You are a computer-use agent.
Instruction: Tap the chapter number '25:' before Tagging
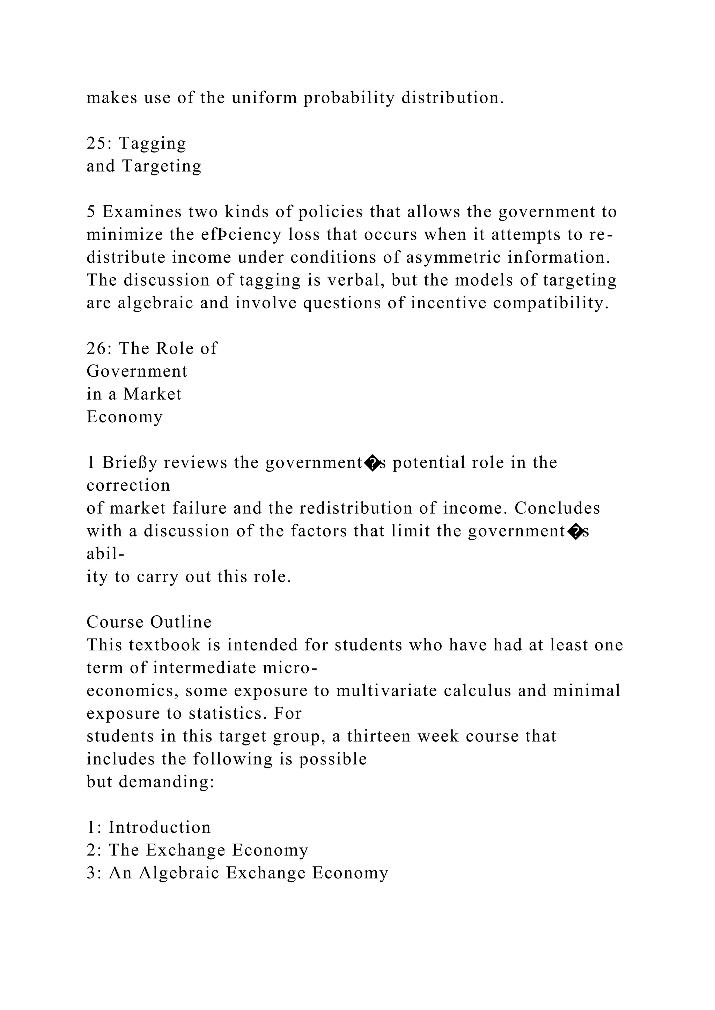click(x=99, y=143)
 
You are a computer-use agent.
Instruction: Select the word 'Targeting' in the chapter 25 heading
click(x=162, y=166)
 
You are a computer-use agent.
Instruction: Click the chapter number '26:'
click(x=99, y=348)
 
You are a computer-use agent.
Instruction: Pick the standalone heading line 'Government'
click(x=137, y=371)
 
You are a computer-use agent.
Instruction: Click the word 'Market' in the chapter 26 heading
click(x=152, y=394)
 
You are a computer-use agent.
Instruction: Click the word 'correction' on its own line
click(x=128, y=486)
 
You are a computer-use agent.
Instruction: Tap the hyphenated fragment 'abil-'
click(x=105, y=554)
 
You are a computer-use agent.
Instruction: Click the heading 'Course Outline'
click(x=149, y=622)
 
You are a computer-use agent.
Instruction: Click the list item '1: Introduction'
click(x=149, y=828)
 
